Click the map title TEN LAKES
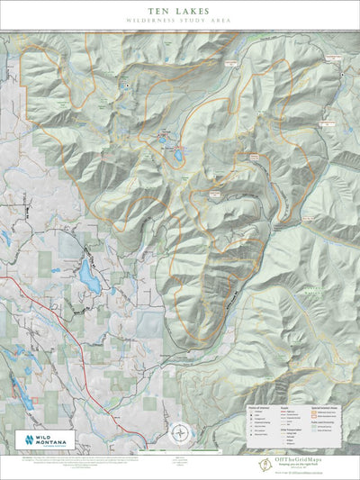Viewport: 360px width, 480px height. point(180,10)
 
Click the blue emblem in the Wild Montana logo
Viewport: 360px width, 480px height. point(27,440)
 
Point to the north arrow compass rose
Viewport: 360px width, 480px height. point(180,432)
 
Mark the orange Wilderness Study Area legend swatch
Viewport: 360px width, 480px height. point(313,412)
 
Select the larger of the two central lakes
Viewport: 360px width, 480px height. point(178,154)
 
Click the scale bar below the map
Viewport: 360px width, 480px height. point(180,451)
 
